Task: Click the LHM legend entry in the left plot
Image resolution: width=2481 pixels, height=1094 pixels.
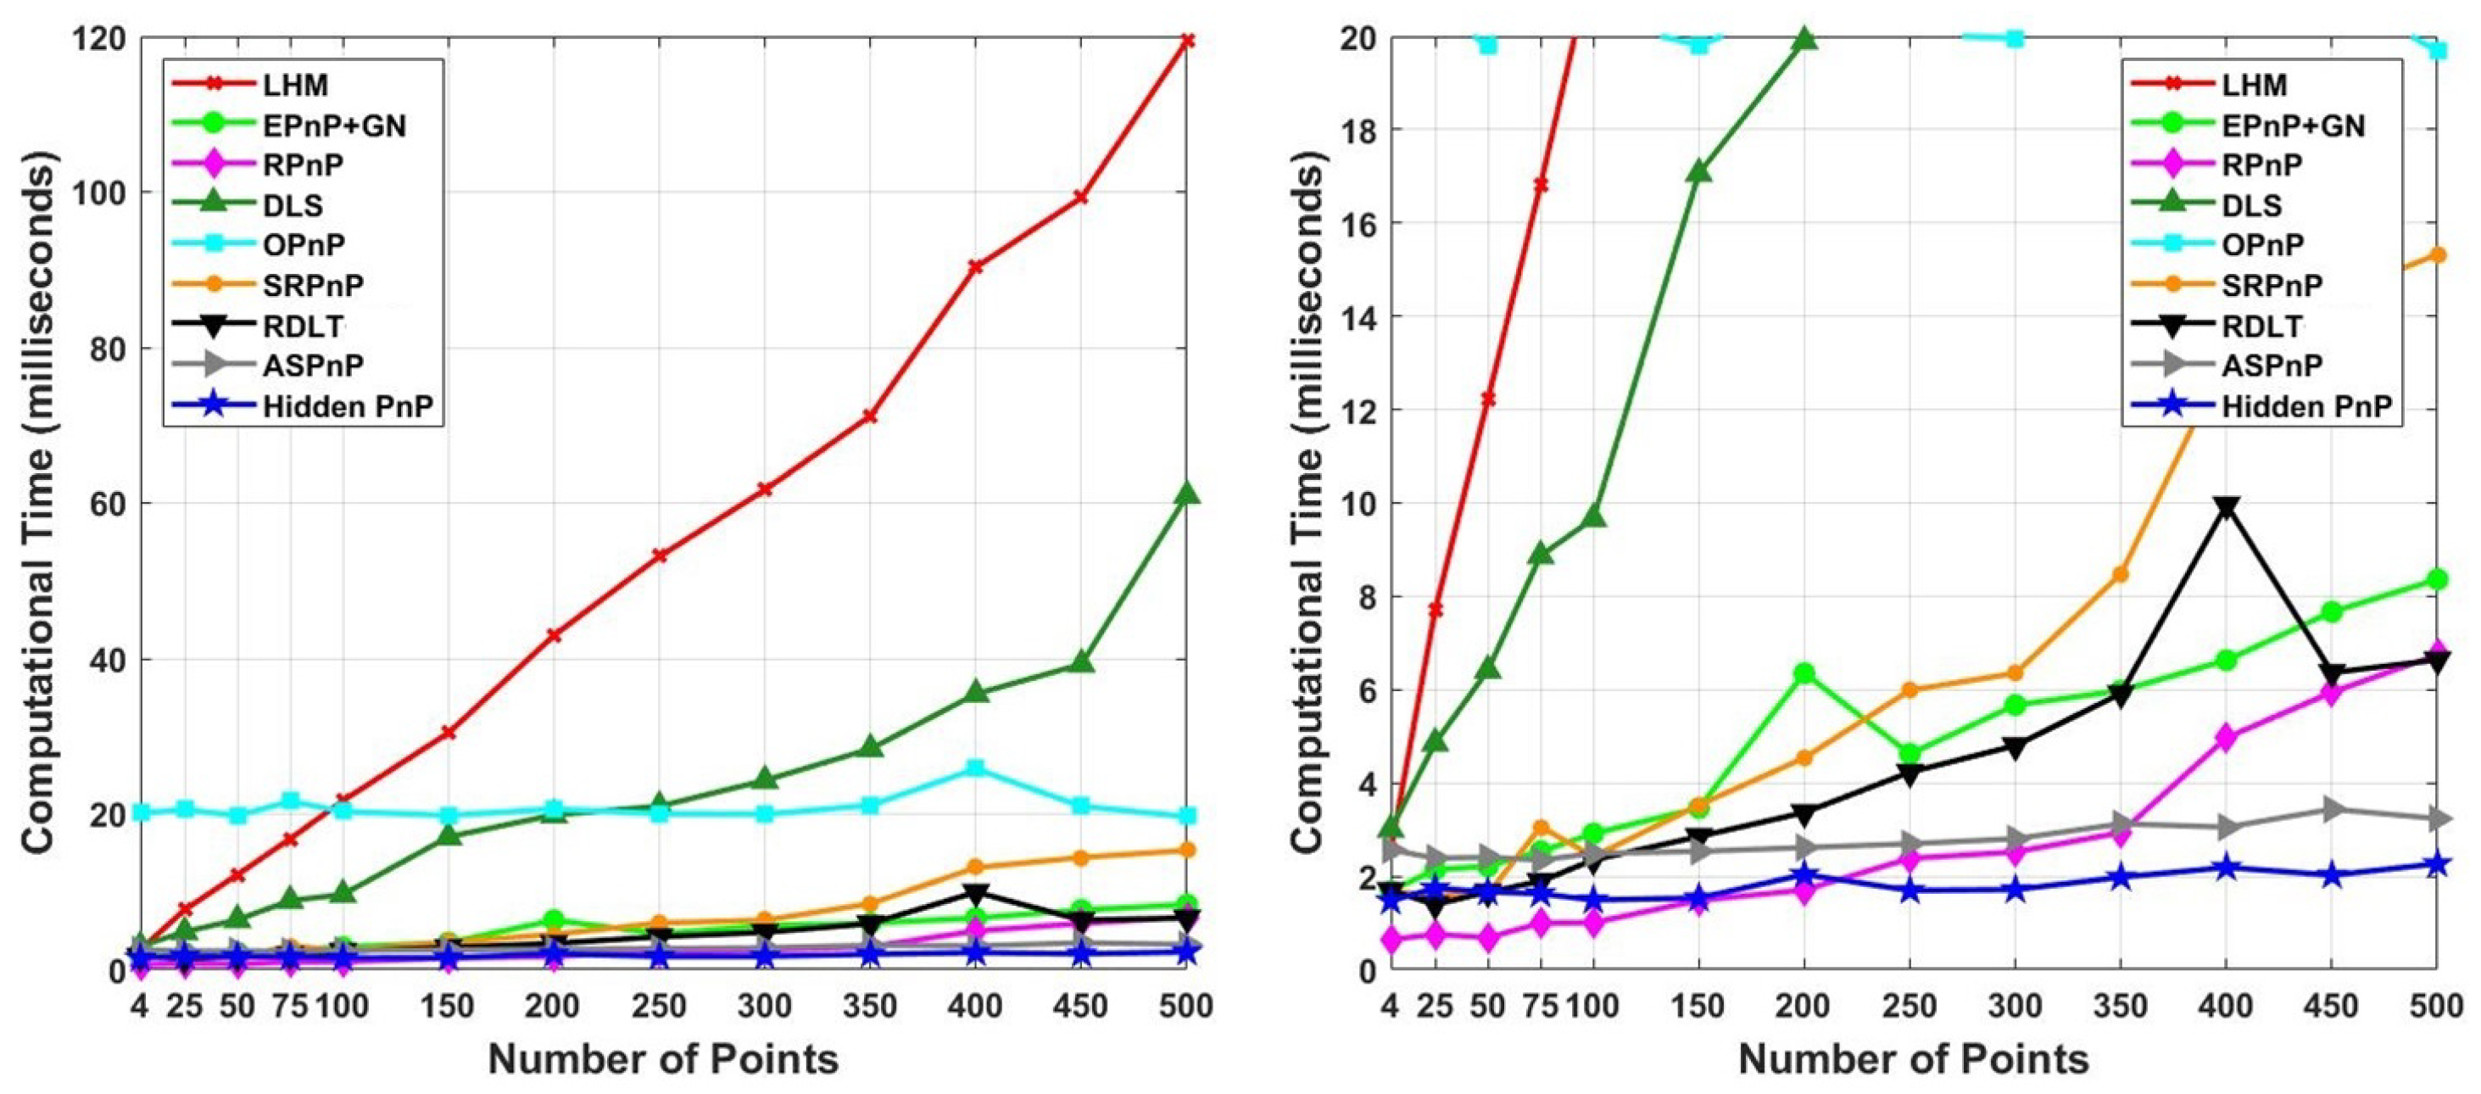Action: [x=295, y=85]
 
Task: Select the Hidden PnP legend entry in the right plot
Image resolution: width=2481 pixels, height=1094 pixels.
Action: [x=2306, y=406]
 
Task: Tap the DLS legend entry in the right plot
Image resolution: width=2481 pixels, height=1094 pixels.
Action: [x=2252, y=205]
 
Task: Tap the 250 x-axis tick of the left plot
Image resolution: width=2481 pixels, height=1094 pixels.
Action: [x=659, y=1007]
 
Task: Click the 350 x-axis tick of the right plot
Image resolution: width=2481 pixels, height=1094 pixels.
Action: [x=2120, y=1007]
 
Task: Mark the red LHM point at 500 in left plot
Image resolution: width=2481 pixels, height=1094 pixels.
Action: [x=1188, y=41]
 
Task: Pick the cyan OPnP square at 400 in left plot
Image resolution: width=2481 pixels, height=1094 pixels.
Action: [x=976, y=768]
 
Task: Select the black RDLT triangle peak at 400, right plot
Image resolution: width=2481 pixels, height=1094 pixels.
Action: [x=2226, y=507]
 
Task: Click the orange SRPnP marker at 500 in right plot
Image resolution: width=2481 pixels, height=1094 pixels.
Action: [x=2437, y=255]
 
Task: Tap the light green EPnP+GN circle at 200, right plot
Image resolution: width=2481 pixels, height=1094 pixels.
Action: [x=1804, y=673]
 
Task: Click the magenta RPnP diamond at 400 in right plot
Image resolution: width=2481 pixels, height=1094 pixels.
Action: [x=2226, y=739]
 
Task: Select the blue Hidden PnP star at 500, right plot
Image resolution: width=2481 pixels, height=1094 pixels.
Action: [x=2437, y=864]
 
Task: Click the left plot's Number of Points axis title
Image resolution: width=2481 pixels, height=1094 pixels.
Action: [x=664, y=1060]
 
